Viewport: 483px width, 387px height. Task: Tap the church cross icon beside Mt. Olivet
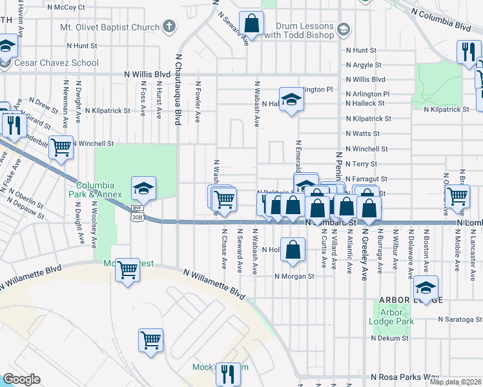[169, 26]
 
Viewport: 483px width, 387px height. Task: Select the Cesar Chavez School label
[58, 63]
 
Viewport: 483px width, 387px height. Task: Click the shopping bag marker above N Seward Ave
[251, 24]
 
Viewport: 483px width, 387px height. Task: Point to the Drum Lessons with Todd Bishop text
[299, 30]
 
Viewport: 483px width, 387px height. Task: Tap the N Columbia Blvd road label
[440, 21]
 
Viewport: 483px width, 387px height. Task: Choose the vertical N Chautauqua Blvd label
[176, 90]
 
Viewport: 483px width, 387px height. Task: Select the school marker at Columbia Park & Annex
[143, 188]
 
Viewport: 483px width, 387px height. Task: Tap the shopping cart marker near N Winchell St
[61, 147]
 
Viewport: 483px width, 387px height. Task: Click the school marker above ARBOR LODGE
[426, 287]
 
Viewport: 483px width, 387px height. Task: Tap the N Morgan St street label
[294, 276]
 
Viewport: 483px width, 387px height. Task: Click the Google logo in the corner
[21, 379]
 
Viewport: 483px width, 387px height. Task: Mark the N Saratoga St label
[460, 319]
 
